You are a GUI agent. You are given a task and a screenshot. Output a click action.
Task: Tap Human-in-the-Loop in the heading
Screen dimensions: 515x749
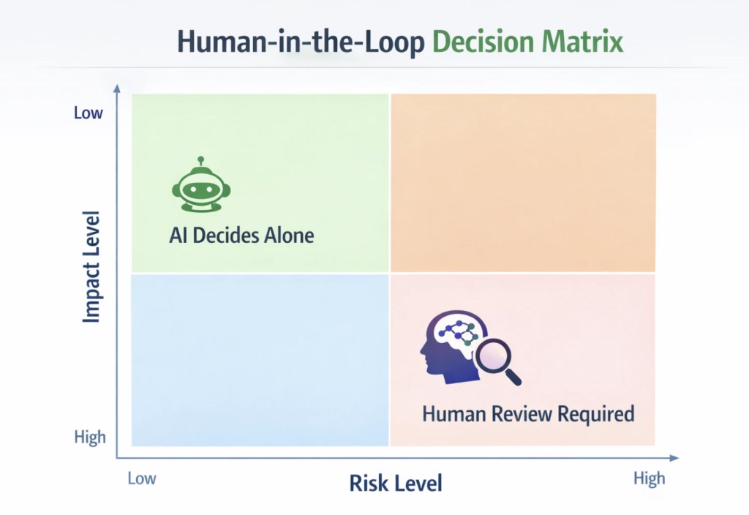(301, 42)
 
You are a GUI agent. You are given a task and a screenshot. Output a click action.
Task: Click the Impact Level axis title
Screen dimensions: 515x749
(92, 268)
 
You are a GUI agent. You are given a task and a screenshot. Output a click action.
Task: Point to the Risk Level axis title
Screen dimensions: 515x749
(396, 483)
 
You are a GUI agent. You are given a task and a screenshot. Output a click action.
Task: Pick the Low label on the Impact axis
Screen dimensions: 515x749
(89, 113)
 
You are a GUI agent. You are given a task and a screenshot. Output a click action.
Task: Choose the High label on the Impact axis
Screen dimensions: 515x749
(90, 437)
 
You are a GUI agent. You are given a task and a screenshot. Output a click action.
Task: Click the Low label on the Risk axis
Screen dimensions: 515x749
(142, 478)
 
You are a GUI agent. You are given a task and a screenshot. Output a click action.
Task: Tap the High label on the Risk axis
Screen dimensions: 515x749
(649, 478)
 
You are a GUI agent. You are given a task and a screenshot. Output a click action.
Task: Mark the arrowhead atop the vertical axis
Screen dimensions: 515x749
(116, 88)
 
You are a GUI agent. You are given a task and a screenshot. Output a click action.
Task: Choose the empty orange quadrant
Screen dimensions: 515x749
(523, 183)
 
